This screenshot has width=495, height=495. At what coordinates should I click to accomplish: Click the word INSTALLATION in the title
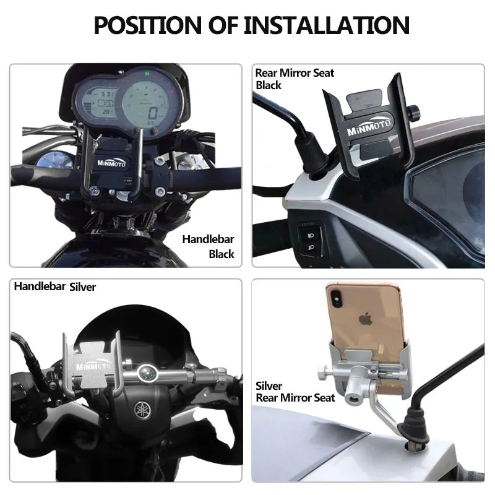coord(326,25)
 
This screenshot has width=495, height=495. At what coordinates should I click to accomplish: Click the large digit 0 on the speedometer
coord(152,113)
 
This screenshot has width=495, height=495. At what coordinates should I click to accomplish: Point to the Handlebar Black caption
coord(209,246)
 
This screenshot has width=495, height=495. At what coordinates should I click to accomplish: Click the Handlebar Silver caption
coord(55,286)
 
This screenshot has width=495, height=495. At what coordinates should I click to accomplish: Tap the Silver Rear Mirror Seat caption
coord(295,392)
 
